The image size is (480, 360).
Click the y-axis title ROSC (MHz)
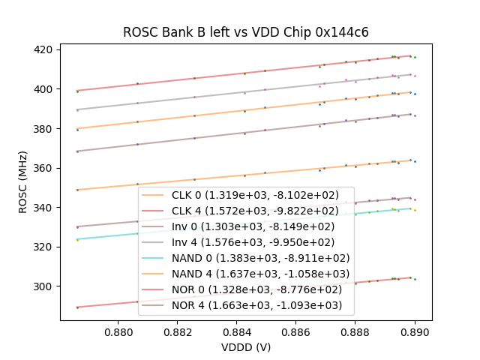click(25, 182)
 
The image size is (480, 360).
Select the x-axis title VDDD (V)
click(245, 347)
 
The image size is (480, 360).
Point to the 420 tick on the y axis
click(43, 49)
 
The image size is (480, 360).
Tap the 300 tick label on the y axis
click(43, 286)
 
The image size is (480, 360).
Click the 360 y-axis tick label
click(43, 168)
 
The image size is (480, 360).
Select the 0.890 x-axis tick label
click(414, 330)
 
